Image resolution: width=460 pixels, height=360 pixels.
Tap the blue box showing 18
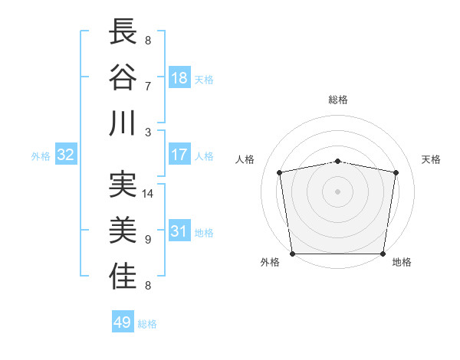point(179,77)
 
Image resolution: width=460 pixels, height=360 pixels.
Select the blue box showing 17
point(179,155)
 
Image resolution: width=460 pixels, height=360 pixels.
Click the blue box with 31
point(179,231)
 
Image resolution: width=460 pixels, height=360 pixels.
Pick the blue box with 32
point(66,155)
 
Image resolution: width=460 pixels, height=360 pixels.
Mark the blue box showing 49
point(123,322)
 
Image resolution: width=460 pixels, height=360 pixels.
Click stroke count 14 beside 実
point(148,194)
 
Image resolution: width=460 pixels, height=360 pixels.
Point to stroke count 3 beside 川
point(148,132)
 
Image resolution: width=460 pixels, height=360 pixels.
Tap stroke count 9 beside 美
point(148,240)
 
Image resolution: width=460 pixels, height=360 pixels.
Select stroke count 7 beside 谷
point(148,86)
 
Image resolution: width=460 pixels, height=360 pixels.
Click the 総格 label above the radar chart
point(338,100)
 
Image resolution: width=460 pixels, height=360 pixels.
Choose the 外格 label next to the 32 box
point(41,156)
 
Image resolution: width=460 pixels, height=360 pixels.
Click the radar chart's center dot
point(338,191)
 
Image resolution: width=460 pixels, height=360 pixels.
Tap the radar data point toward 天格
point(396,173)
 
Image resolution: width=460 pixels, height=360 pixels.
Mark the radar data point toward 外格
point(292,254)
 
